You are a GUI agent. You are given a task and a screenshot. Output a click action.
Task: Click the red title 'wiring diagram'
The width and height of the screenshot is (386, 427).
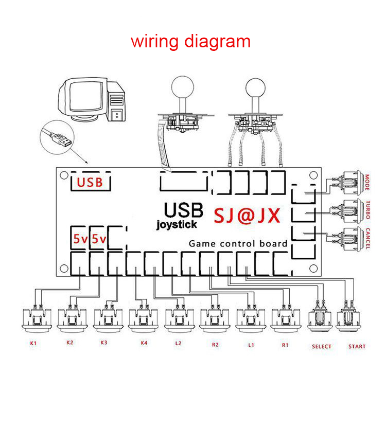(x=190, y=41)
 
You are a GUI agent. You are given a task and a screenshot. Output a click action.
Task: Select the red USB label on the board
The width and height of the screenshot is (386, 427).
(x=90, y=182)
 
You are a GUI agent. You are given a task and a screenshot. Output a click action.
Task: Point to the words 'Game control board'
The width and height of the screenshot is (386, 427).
(x=238, y=243)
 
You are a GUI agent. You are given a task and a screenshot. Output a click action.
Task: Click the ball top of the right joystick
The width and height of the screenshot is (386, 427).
(x=256, y=86)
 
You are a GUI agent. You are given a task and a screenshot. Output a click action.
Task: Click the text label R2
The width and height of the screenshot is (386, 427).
(x=215, y=345)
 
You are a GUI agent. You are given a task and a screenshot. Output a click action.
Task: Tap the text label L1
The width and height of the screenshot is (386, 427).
(x=251, y=345)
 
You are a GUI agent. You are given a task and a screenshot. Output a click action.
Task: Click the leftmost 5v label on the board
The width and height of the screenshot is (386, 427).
(x=80, y=239)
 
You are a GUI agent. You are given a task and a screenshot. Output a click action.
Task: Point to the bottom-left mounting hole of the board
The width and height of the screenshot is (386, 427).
(x=64, y=268)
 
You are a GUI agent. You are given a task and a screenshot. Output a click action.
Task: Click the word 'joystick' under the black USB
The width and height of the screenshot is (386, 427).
(x=177, y=224)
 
